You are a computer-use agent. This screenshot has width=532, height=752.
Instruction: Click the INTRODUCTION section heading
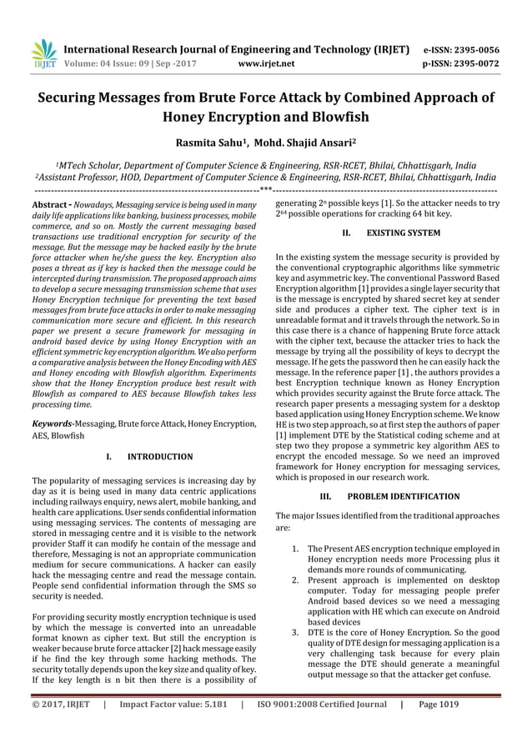tap(159, 457)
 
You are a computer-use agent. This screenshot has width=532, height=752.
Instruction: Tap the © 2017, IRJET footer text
tap(61, 725)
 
